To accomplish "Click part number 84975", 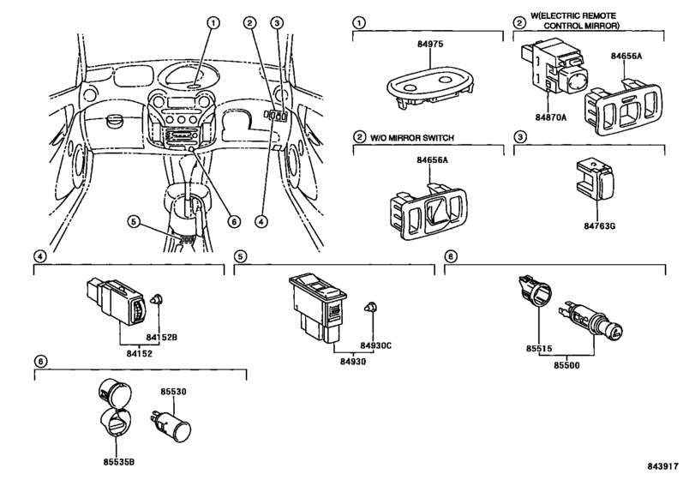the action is point(430,45).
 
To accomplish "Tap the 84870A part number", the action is point(551,117).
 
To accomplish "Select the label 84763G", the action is point(599,226).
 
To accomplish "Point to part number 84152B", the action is point(162,338).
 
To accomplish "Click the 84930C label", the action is point(376,345).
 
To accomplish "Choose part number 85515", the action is point(539,349).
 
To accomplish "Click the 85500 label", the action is point(566,366).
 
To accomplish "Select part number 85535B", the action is point(119,462).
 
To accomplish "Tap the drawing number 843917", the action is point(663,466).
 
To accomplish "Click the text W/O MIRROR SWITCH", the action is point(412,138).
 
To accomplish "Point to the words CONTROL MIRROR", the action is point(582,26).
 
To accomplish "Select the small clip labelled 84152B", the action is point(157,299).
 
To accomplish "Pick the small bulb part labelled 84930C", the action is point(370,307).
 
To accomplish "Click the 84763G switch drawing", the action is point(595,179).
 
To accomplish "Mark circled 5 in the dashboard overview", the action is point(135,221).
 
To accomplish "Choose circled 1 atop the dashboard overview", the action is point(213,22).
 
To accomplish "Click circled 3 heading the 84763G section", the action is point(519,137).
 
